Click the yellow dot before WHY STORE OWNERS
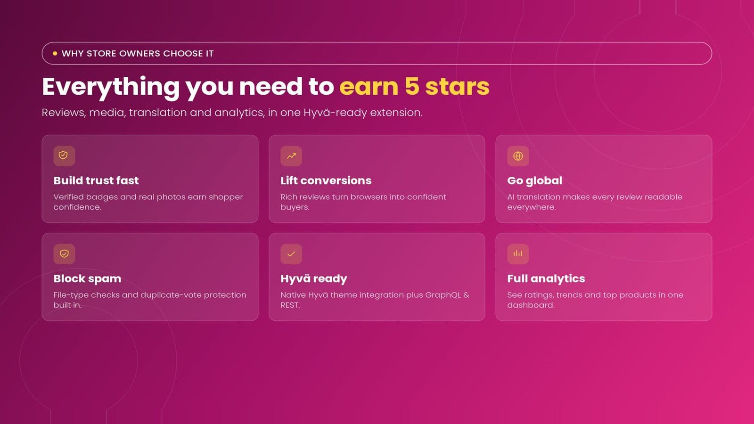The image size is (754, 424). pos(55,54)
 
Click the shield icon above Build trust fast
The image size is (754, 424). pos(63,155)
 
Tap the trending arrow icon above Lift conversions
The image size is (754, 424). pos(291,156)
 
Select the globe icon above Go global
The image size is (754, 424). pos(518,156)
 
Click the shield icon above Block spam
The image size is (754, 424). pos(64,254)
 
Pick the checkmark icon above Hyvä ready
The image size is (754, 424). pos(291,254)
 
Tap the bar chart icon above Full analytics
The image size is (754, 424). pos(518,253)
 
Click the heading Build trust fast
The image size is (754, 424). pos(96,181)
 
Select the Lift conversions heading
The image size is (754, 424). pos(326,181)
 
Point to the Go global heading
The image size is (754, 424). pos(534,181)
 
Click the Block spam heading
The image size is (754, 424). pos(87,278)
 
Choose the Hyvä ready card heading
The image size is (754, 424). pos(314,279)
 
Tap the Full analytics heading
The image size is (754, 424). pos(546,278)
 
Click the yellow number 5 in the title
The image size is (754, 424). pos(411,87)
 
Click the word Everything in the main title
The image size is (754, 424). pos(111,88)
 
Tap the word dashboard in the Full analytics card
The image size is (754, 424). pos(531,305)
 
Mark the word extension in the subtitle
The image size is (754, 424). pos(396,113)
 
